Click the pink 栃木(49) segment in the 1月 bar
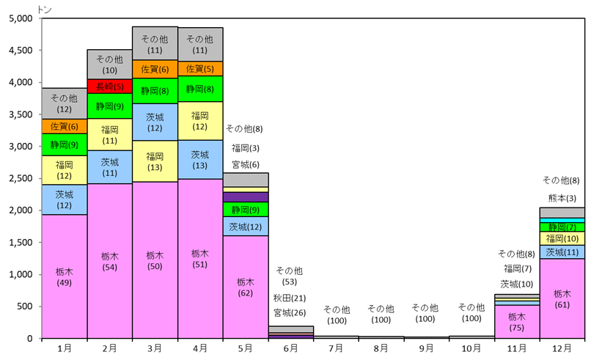[x=65, y=276]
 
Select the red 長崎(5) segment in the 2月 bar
[x=109, y=87]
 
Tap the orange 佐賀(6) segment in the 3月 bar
[x=155, y=70]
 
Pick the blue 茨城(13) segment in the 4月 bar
[x=200, y=159]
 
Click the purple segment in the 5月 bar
[x=246, y=196]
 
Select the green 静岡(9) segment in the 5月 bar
[x=246, y=210]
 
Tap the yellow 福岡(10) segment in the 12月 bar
[x=562, y=238]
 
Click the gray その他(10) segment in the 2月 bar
[x=109, y=65]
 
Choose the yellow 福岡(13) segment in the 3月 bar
[x=155, y=161]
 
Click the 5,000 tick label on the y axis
[x=21, y=19]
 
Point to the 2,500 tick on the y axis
[x=21, y=179]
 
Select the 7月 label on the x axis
[x=336, y=347]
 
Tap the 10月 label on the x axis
[x=471, y=347]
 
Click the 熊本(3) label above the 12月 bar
[x=562, y=197]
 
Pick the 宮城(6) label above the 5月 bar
[x=246, y=164]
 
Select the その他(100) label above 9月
[x=426, y=314]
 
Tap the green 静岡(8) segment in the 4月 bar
[x=200, y=89]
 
